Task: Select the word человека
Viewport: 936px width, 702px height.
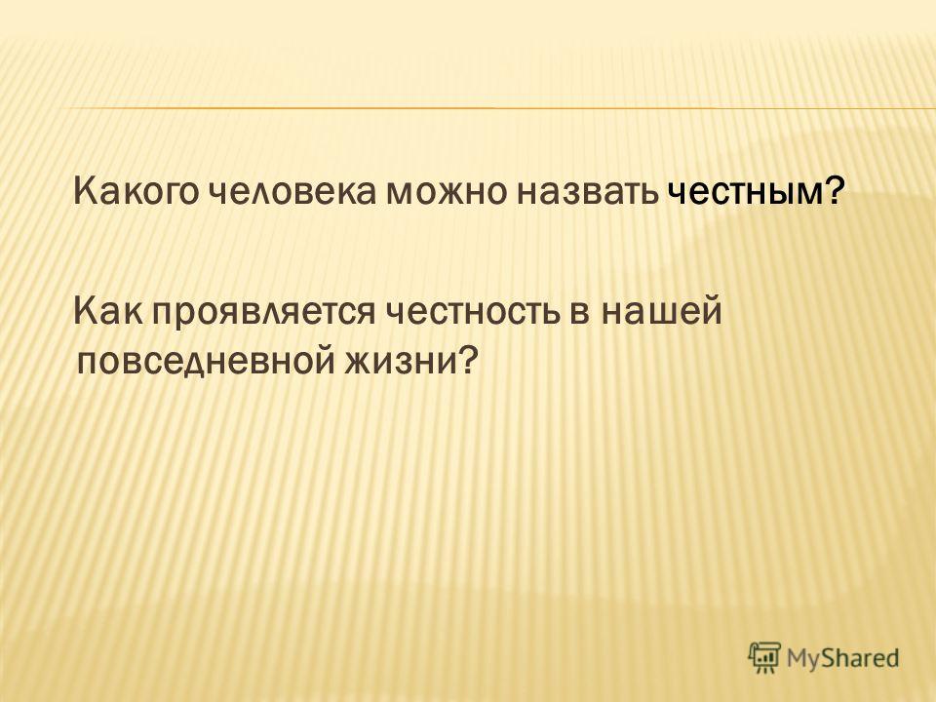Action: tap(293, 192)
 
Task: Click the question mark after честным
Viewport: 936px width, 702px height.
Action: tap(836, 191)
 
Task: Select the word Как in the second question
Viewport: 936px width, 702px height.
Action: tap(108, 311)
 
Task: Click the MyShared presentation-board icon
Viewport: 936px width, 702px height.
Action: tap(764, 658)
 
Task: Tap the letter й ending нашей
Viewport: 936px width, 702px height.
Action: tap(712, 310)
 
